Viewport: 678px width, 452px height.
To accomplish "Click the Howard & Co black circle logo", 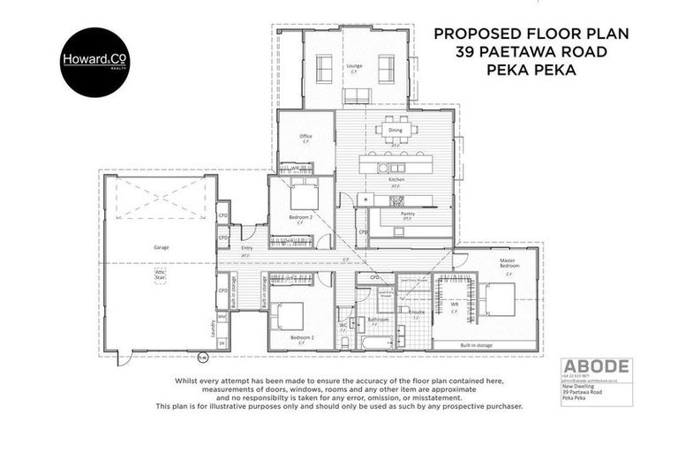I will pos(94,62).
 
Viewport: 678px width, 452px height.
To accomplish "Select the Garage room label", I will pos(161,248).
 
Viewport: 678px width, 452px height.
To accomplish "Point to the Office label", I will pos(305,136).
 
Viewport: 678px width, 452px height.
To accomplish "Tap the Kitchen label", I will pos(396,180).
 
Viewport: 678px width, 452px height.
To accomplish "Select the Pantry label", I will pos(408,214).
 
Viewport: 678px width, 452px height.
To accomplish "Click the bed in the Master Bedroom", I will pos(498,298).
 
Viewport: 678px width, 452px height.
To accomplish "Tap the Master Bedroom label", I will pos(508,262).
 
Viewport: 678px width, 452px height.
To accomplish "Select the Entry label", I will pos(245,248).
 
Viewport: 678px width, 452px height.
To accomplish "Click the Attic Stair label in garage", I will pos(161,276).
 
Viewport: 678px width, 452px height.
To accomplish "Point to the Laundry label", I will pos(213,328).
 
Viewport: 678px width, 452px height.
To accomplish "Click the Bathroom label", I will pos(379,319).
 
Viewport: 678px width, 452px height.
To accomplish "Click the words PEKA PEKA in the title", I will pos(530,71).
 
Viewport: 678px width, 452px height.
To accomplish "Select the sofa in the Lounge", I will pos(357,95).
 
